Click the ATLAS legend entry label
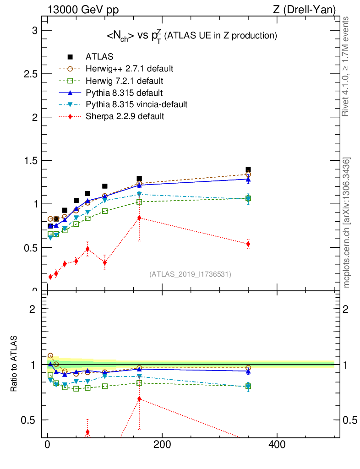coord(99,57)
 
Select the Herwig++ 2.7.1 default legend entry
coord(129,69)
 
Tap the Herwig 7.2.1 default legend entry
coord(124,81)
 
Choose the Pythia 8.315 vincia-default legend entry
coord(136,104)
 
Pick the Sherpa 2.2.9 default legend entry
coord(125,116)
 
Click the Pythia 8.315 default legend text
coord(124,93)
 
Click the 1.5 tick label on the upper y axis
coord(31,161)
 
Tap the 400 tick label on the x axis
coord(277,445)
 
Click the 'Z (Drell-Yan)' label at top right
coord(309,10)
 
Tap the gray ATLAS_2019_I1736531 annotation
coord(190,274)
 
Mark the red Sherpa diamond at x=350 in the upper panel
coord(248,244)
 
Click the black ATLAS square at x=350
coord(248,169)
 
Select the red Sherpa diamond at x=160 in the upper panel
coord(139,218)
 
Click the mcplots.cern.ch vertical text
coord(347,223)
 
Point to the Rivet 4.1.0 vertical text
coord(347,66)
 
